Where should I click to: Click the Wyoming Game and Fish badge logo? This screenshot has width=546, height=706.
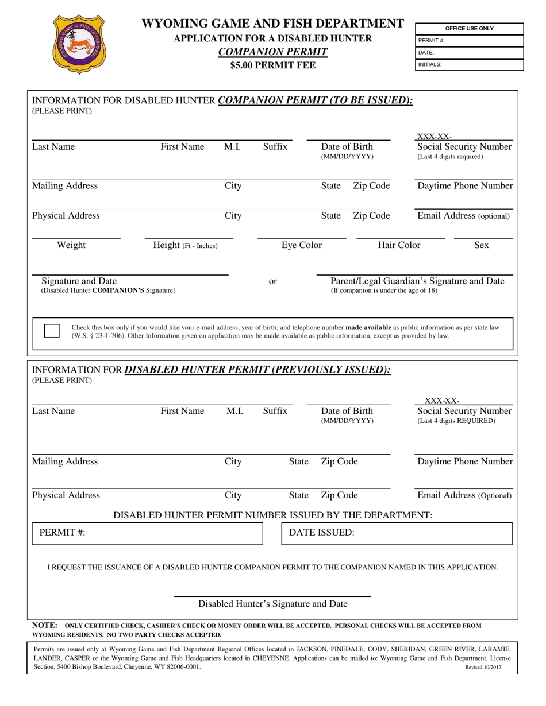[80, 44]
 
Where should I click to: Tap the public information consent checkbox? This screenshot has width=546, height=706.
[52, 331]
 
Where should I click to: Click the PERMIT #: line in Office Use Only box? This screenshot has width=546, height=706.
[469, 41]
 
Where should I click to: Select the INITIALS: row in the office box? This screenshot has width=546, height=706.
[469, 65]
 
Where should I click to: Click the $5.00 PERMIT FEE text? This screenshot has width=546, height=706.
[273, 65]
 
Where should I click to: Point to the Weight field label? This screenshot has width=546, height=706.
[71, 246]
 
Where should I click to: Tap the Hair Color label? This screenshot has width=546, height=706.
[399, 246]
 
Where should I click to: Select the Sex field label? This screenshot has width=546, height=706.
[481, 246]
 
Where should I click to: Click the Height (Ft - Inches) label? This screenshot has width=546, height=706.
[185, 246]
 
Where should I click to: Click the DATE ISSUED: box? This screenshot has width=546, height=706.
[397, 533]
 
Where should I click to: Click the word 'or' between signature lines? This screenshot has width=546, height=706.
[274, 281]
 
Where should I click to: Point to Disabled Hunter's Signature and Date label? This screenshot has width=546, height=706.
[272, 604]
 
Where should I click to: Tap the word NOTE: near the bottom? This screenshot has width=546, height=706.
[44, 625]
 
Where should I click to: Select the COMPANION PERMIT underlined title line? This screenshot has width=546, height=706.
[273, 52]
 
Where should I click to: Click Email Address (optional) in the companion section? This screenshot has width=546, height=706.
[463, 216]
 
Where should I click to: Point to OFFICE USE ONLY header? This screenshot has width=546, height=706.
[469, 29]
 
